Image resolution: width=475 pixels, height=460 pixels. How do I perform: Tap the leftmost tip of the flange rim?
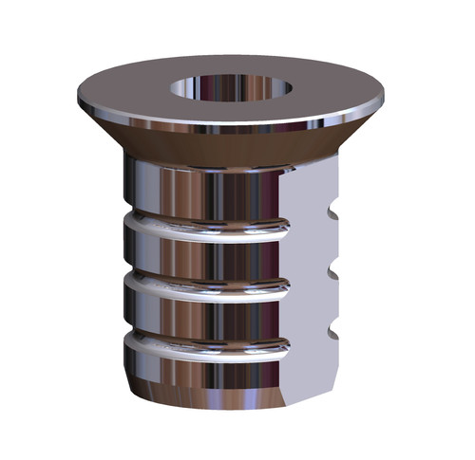click(x=76, y=93)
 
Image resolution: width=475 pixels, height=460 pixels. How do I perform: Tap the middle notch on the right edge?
click(x=333, y=271)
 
